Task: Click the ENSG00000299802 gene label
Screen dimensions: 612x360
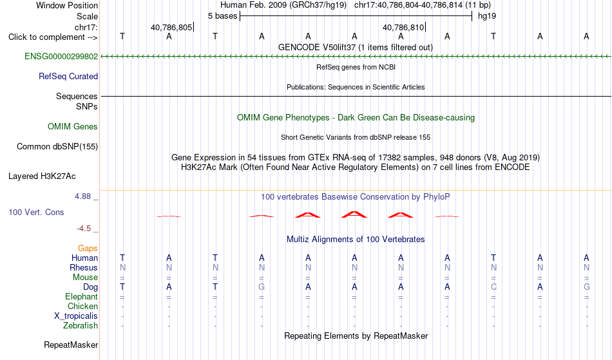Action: tap(61, 57)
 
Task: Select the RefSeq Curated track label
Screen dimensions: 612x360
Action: tap(68, 77)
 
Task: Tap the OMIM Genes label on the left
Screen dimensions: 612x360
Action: tap(73, 127)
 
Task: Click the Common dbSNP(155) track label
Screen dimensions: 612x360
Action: tap(57, 147)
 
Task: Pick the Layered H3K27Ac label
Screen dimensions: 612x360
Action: tap(42, 176)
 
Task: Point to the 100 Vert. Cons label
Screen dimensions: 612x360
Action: tap(36, 213)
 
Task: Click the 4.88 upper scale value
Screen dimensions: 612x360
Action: tap(82, 196)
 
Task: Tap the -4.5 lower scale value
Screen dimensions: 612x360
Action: tap(84, 229)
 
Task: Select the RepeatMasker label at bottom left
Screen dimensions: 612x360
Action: tap(71, 345)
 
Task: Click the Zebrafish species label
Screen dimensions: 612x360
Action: tap(81, 326)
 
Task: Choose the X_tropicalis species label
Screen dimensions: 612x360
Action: tap(76, 316)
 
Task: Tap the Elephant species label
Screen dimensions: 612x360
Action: tap(82, 297)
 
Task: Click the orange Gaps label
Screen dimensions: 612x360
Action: tap(88, 249)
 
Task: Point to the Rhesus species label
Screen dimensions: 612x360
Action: tap(84, 267)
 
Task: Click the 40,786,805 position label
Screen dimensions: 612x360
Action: tap(171, 27)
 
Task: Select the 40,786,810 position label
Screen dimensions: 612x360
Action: tap(403, 27)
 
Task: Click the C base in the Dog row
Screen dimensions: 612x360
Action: tap(493, 287)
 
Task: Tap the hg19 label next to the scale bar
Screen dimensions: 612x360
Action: tap(487, 16)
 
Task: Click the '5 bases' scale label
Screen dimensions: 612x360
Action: tap(222, 16)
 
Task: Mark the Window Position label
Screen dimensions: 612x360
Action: tap(67, 5)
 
